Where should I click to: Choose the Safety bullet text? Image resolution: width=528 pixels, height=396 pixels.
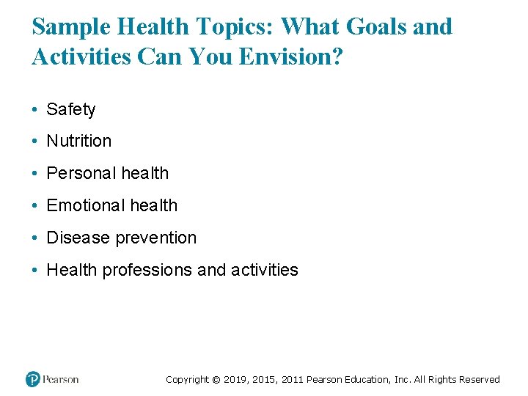(x=71, y=109)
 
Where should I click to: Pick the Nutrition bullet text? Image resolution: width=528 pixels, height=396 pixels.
(x=79, y=141)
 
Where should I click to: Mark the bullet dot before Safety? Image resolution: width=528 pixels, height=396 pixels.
(x=35, y=110)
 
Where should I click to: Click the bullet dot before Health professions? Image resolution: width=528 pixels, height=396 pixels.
(x=35, y=271)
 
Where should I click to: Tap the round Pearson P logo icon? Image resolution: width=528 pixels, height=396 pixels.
(x=33, y=379)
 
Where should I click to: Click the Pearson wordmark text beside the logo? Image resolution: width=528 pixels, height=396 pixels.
(x=60, y=379)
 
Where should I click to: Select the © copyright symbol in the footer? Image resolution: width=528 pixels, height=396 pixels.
(x=216, y=380)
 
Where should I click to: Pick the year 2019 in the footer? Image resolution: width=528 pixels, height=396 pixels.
(x=235, y=380)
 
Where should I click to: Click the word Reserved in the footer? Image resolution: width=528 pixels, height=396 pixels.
(x=479, y=380)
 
